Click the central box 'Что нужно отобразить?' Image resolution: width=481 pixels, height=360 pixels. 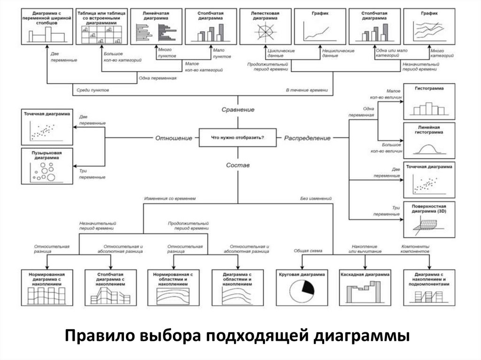click(x=238, y=138)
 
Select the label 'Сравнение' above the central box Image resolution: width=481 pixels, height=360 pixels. click(x=238, y=109)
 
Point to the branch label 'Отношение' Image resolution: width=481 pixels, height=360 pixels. click(x=174, y=138)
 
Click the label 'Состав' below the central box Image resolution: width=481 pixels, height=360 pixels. click(x=238, y=165)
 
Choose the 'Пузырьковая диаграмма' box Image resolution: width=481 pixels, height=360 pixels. click(x=46, y=166)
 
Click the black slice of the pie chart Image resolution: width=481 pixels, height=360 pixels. click(x=308, y=287)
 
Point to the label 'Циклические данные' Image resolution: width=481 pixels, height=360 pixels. click(x=280, y=53)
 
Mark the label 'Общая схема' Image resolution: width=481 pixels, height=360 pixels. click(x=308, y=251)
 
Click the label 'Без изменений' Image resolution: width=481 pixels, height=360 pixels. click(x=316, y=199)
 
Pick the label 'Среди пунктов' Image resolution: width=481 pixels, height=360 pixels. click(x=93, y=89)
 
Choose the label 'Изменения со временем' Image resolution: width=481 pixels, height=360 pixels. click(x=170, y=199)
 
